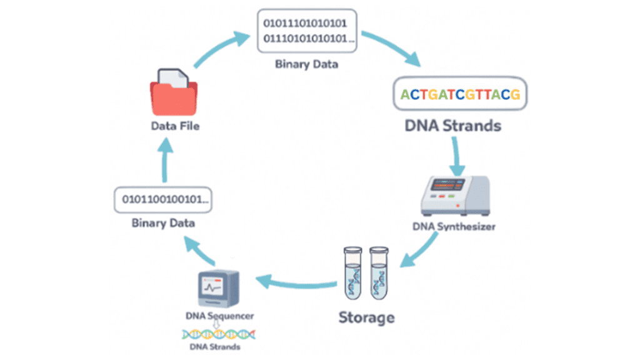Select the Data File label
point(176,126)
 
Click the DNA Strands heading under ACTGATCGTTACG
point(453,126)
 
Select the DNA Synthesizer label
point(454,226)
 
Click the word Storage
point(367,317)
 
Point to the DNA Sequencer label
point(219,316)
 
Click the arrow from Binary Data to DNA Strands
point(391,47)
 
